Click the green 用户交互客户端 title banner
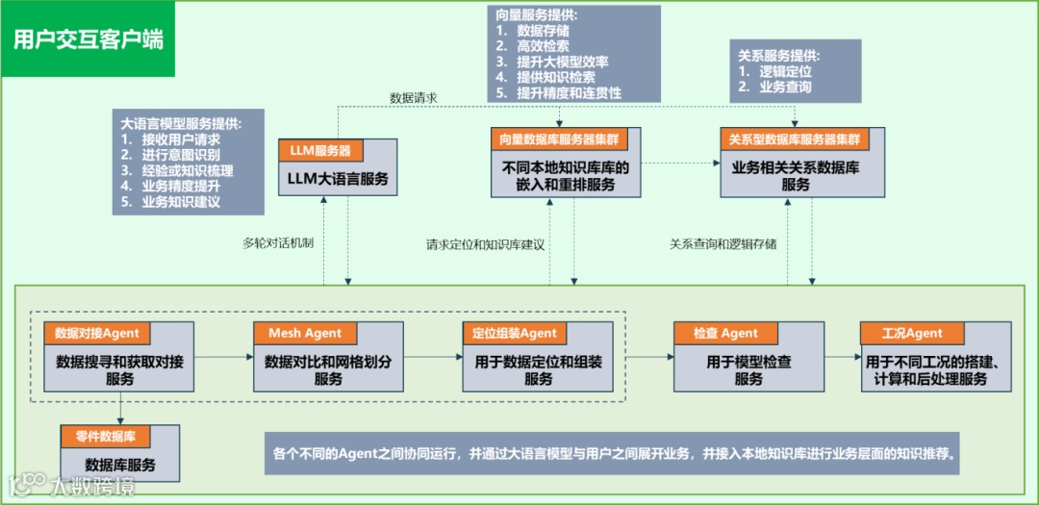pyautogui.click(x=88, y=38)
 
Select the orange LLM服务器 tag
pyautogui.click(x=320, y=150)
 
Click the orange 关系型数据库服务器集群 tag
pyautogui.click(x=795, y=139)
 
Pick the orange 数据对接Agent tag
pyautogui.click(x=97, y=334)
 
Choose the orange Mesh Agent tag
pyautogui.click(x=305, y=334)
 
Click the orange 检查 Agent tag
pyautogui.click(x=725, y=334)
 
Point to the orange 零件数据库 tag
pyautogui.click(x=106, y=436)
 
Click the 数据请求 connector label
pyautogui.click(x=414, y=98)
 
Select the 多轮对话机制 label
pyautogui.click(x=279, y=243)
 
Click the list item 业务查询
pyautogui.click(x=785, y=87)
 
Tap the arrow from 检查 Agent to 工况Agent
pyautogui.click(x=842, y=356)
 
